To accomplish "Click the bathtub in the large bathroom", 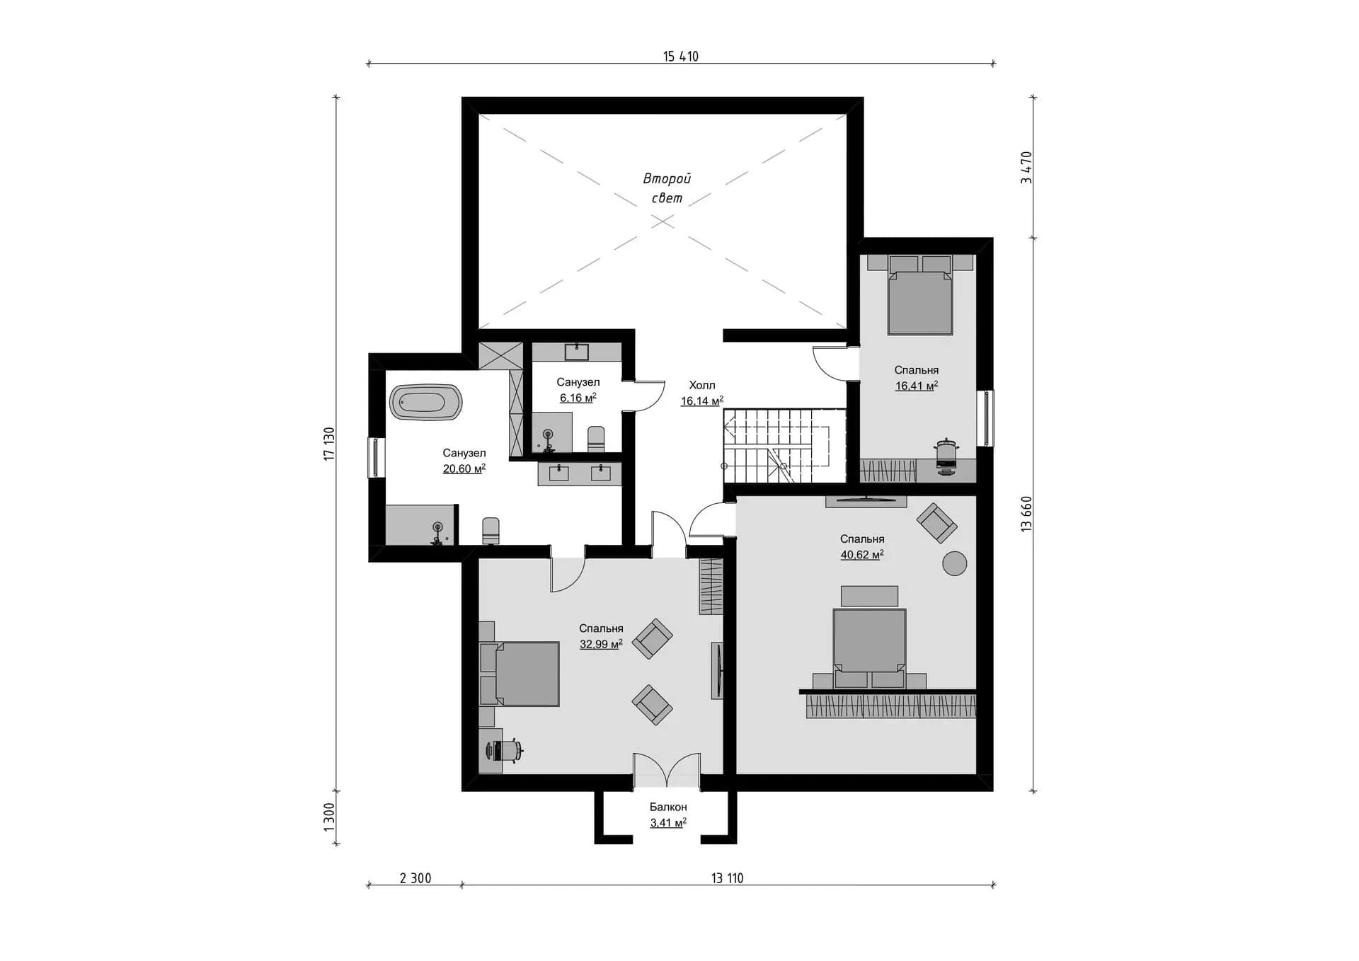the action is [425, 403].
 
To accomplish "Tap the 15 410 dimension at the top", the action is [681, 57].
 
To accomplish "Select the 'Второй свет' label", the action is [667, 188].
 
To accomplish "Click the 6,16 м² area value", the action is [578, 398].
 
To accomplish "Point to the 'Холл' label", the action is [702, 385].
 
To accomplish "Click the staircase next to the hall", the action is [784, 446].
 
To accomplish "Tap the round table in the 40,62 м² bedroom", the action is [954, 563].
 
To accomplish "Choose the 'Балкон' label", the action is [668, 807].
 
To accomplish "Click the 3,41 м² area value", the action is [668, 823].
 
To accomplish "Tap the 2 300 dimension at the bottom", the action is [415, 878].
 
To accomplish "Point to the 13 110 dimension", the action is [728, 878].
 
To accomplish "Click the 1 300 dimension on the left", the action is [329, 817].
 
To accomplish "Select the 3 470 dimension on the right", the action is [1026, 168].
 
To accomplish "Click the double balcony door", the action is [666, 770].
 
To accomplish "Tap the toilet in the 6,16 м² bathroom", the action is [596, 439].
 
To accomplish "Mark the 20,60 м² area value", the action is [464, 468].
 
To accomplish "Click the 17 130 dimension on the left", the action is [329, 444].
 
